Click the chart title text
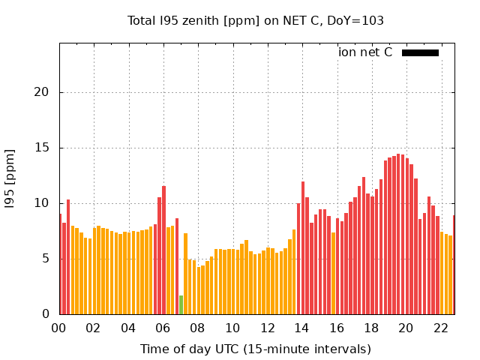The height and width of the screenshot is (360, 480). coord(256,21)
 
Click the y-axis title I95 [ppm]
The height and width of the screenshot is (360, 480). coord(10,179)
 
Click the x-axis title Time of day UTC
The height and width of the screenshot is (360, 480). coord(255,349)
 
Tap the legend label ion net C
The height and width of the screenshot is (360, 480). coord(365,52)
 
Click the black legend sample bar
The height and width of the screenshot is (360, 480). coord(420,52)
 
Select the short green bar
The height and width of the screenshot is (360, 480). coord(181,304)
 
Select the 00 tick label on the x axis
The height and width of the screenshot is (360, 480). coord(59,328)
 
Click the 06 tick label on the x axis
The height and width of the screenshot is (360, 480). coord(163,328)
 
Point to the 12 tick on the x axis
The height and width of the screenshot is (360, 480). coord(268,328)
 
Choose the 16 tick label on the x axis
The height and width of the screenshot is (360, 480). coord(337,328)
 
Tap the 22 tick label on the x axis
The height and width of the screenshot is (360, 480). coord(441,328)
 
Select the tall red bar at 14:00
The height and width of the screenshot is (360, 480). coord(302,247)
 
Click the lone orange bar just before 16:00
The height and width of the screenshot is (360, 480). coord(333,273)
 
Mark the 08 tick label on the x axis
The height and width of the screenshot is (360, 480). coord(198,328)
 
